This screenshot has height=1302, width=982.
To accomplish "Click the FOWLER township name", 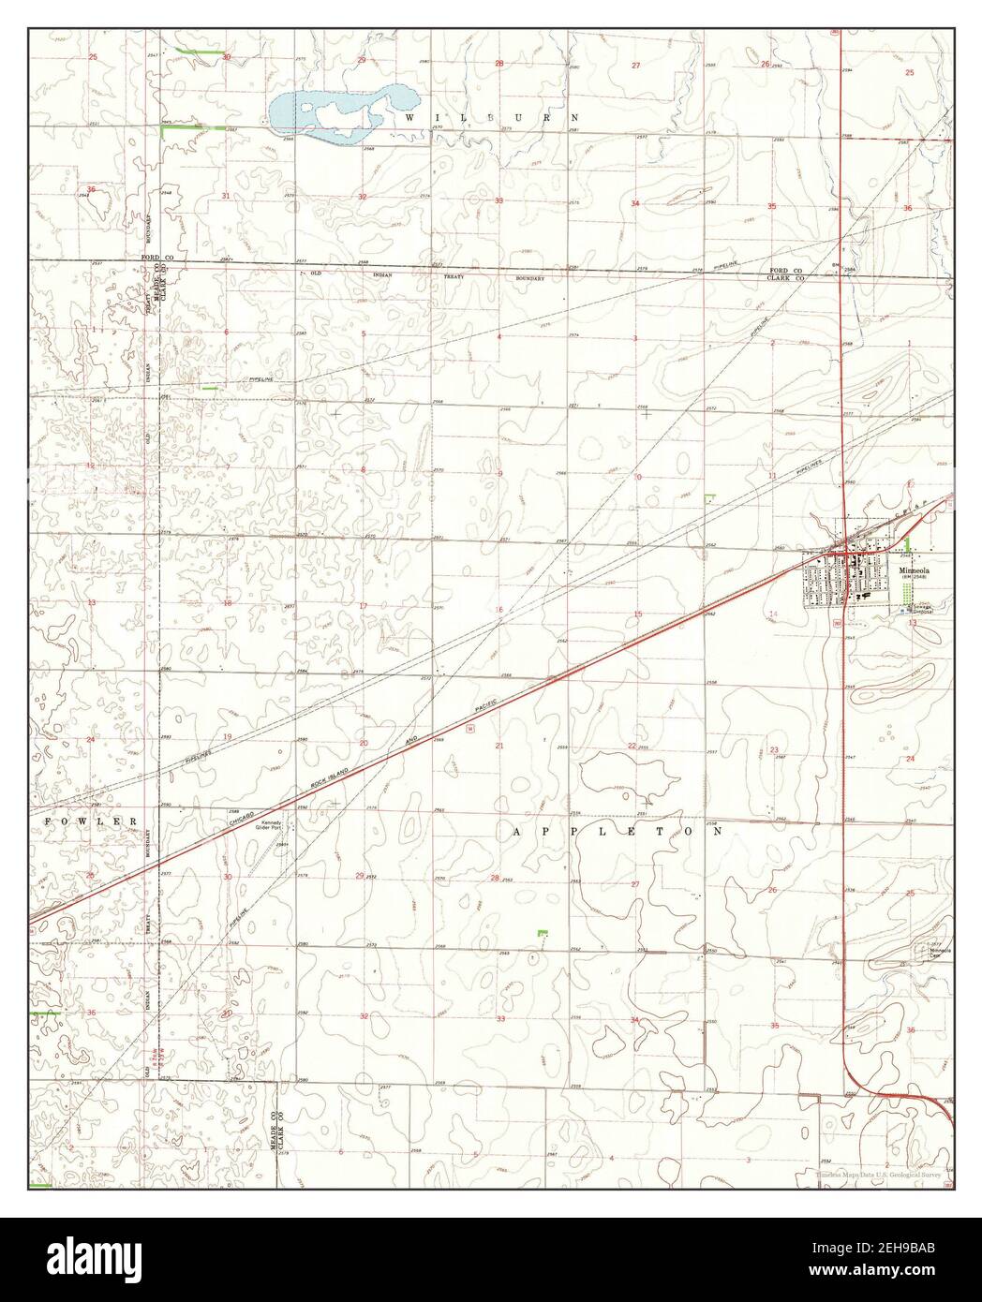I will point(92,821).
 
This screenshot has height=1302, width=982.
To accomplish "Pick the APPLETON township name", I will point(619,831).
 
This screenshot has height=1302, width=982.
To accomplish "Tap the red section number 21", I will point(499,746).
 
